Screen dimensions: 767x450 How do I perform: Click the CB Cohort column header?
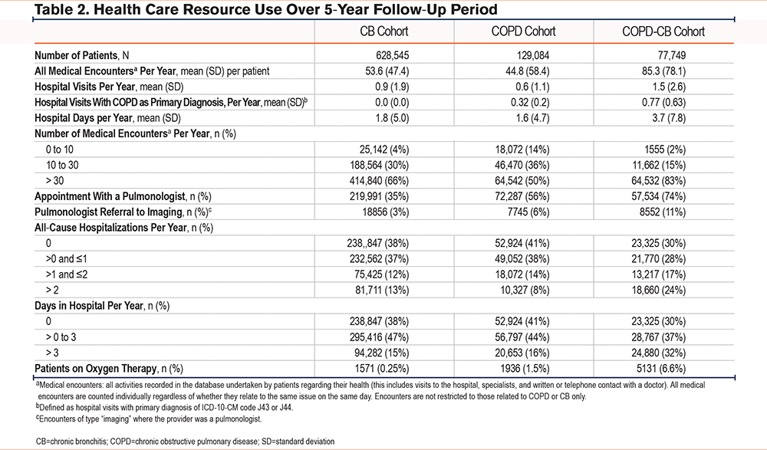coord(384,31)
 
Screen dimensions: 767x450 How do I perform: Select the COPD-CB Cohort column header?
coord(663,31)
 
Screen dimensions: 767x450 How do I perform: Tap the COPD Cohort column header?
coord(523,31)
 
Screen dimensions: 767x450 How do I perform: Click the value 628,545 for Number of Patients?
coord(392,55)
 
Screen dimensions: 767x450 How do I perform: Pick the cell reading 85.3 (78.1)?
coord(663,71)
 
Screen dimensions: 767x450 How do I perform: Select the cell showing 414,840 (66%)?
coord(380,180)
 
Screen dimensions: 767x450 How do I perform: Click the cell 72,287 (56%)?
coord(522,196)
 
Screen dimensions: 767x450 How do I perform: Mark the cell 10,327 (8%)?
coord(525,290)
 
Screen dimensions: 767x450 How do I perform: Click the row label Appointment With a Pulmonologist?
coord(110,196)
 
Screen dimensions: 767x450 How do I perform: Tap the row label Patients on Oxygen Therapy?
coord(96,368)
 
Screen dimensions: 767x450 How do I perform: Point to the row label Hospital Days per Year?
coord(84,118)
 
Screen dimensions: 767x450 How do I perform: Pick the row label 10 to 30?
coord(62,165)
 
